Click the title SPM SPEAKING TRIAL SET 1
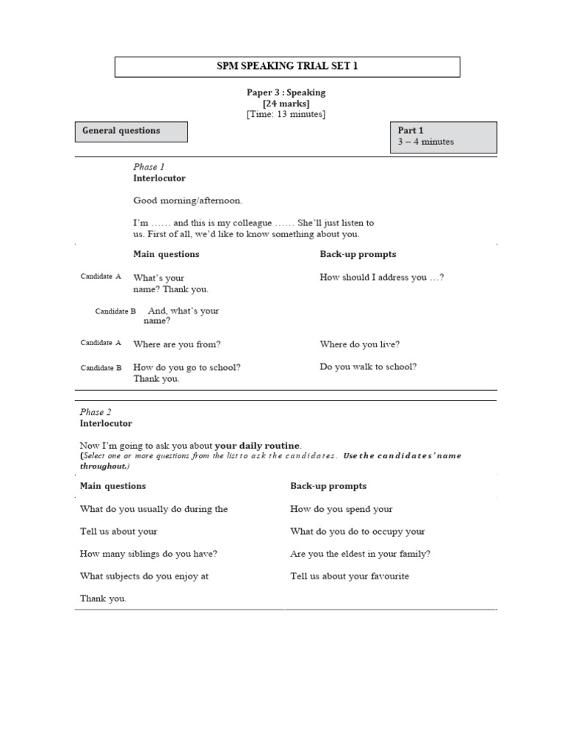coord(287,67)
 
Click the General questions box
coord(131,131)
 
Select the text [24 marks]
coord(286,104)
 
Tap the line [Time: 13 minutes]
coord(286,115)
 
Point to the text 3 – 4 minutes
coord(426,142)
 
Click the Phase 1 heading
coord(149,167)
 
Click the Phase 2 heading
coord(95,412)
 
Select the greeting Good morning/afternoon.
coord(187,200)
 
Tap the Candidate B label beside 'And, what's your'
coord(115,311)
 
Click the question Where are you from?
coord(177,344)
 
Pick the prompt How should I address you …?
coord(382,278)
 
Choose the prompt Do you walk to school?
coord(368,366)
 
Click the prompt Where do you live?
coord(360,344)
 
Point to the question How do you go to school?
coord(187,367)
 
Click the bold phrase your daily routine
coord(257,445)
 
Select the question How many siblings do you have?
coord(148,554)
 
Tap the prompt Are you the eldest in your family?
coord(360,554)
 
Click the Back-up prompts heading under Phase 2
coord(328,486)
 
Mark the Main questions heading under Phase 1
coord(166,254)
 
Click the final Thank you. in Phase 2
coord(103,599)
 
